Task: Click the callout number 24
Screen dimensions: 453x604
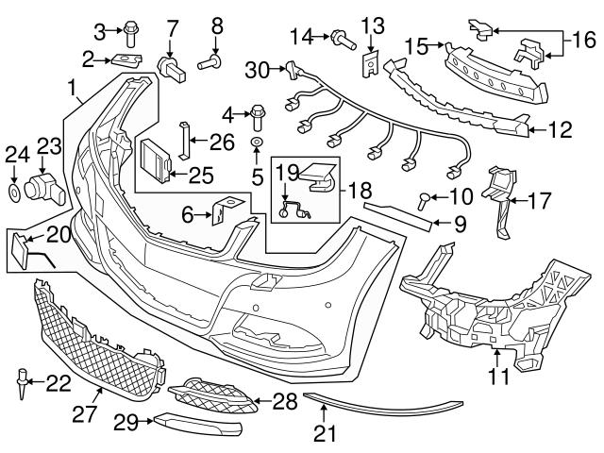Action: click(17, 154)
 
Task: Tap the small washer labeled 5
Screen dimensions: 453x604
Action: click(256, 143)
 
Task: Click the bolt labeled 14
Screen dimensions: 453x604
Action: click(341, 39)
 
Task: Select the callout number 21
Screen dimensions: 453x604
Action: click(324, 434)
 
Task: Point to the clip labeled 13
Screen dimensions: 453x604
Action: click(371, 63)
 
